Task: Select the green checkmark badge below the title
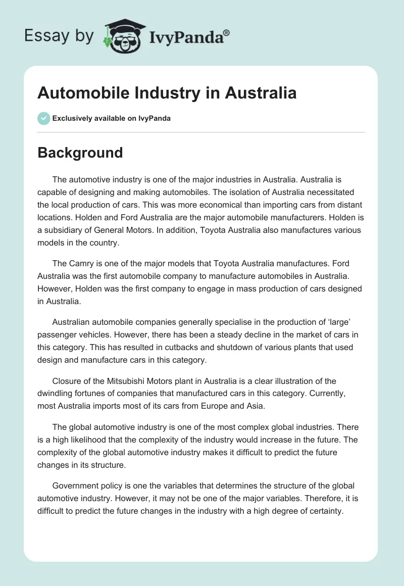(x=43, y=118)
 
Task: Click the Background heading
(x=80, y=153)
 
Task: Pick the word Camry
(x=80, y=264)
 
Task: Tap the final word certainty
(x=324, y=511)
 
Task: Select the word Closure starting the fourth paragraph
(x=67, y=381)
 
